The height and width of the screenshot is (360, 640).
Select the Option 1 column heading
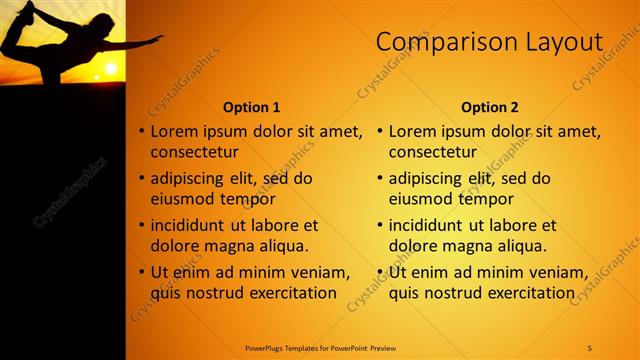251,106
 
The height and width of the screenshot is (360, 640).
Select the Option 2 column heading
490,106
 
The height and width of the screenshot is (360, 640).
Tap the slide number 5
590,347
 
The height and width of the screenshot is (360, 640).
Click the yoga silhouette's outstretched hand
156,40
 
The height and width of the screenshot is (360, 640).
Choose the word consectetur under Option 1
194,152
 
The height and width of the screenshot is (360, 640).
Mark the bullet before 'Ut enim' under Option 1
141,272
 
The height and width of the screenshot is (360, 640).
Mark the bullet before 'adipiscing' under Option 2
380,178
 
